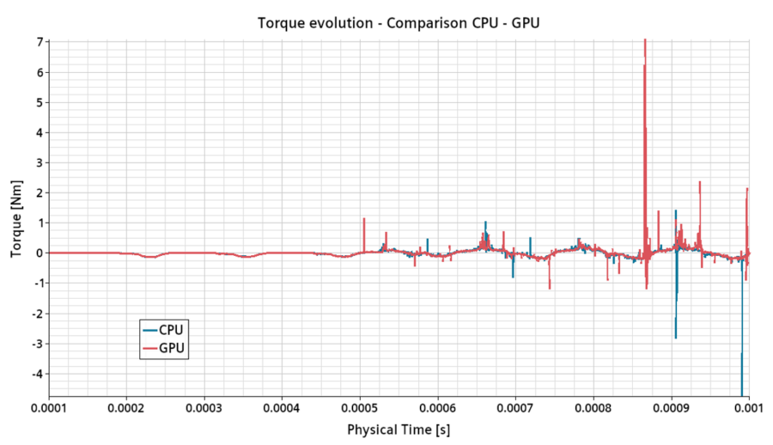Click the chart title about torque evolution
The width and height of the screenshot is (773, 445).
click(x=399, y=22)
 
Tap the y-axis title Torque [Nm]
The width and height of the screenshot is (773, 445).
click(x=16, y=218)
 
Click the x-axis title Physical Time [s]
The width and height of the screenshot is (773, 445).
click(x=399, y=428)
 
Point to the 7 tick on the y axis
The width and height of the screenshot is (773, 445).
click(x=39, y=41)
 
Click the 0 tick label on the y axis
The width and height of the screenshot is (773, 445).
click(x=39, y=253)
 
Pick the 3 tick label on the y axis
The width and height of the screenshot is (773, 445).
click(x=39, y=162)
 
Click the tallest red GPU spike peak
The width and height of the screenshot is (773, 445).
click(x=644, y=43)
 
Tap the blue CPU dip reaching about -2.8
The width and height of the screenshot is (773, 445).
click(x=675, y=337)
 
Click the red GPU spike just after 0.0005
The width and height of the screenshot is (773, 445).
click(x=364, y=219)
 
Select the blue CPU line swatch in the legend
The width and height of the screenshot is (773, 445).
click(x=149, y=330)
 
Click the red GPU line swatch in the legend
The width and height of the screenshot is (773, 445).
click(x=149, y=348)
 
